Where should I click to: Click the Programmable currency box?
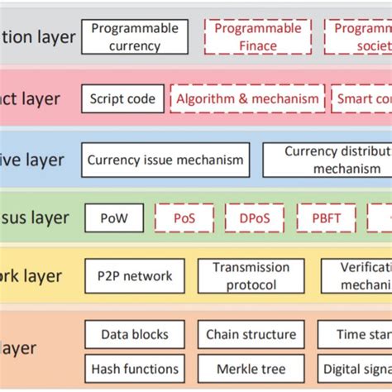click(134, 37)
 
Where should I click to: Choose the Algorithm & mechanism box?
click(247, 99)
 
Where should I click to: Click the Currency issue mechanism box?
click(165, 160)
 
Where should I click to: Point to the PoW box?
click(114, 218)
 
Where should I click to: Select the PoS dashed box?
click(184, 218)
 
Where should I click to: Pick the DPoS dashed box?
click(254, 218)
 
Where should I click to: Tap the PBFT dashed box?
click(326, 218)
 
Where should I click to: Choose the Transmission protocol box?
click(251, 276)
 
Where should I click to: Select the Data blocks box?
click(134, 334)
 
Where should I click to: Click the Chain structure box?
click(251, 334)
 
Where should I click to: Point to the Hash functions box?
click(134, 368)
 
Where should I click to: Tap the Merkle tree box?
click(251, 368)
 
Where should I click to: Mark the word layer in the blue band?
click(45, 159)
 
